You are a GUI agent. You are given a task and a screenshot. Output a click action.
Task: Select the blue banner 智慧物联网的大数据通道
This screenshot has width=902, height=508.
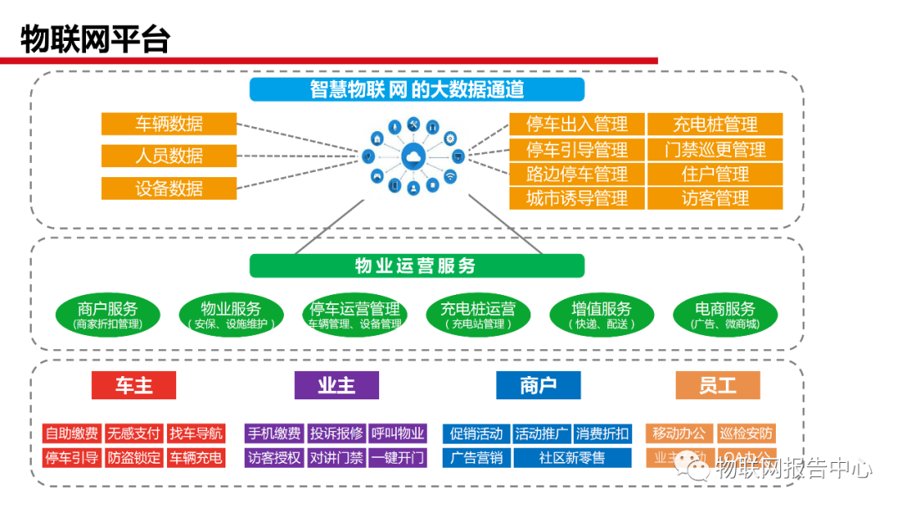pyautogui.click(x=417, y=89)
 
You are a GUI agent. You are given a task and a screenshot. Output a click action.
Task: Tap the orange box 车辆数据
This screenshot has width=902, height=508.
pyautogui.click(x=169, y=124)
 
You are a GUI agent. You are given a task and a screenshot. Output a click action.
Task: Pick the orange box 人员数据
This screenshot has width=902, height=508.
pyautogui.click(x=169, y=155)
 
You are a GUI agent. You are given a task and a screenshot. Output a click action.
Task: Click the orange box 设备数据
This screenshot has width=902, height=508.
pyautogui.click(x=169, y=188)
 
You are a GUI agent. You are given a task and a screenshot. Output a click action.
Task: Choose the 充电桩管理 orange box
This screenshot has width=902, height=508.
pyautogui.click(x=715, y=125)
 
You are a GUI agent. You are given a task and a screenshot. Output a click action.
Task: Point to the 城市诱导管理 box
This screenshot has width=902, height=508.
pyautogui.click(x=577, y=198)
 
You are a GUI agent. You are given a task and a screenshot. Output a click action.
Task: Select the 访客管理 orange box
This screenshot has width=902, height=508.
pyautogui.click(x=715, y=198)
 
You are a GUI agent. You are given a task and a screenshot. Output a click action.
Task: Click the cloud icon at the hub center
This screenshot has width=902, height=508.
pyautogui.click(x=413, y=156)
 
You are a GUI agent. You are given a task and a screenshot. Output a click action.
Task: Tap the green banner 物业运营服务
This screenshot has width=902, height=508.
pyautogui.click(x=417, y=266)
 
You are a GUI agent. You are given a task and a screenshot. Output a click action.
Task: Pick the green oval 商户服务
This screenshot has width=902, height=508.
pyautogui.click(x=108, y=314)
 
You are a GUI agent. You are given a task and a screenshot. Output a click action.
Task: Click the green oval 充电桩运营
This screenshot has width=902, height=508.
pyautogui.click(x=479, y=314)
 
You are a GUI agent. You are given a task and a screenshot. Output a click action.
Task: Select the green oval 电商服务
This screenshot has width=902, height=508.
pyautogui.click(x=725, y=314)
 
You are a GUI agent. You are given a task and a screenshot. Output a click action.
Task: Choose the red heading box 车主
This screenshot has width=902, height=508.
pyautogui.click(x=134, y=385)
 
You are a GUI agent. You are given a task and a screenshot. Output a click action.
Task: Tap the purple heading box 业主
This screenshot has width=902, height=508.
pyautogui.click(x=337, y=385)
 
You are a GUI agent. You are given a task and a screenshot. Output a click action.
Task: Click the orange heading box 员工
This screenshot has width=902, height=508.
pyautogui.click(x=717, y=385)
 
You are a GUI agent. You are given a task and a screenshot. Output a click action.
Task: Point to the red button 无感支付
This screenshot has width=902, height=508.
pyautogui.click(x=134, y=434)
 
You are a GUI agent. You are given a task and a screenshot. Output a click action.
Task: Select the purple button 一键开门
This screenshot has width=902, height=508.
pyautogui.click(x=398, y=458)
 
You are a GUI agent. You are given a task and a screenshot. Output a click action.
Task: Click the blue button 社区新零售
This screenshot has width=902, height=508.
pyautogui.click(x=572, y=458)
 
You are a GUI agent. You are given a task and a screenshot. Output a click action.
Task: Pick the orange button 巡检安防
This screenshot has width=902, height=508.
pyautogui.click(x=747, y=434)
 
